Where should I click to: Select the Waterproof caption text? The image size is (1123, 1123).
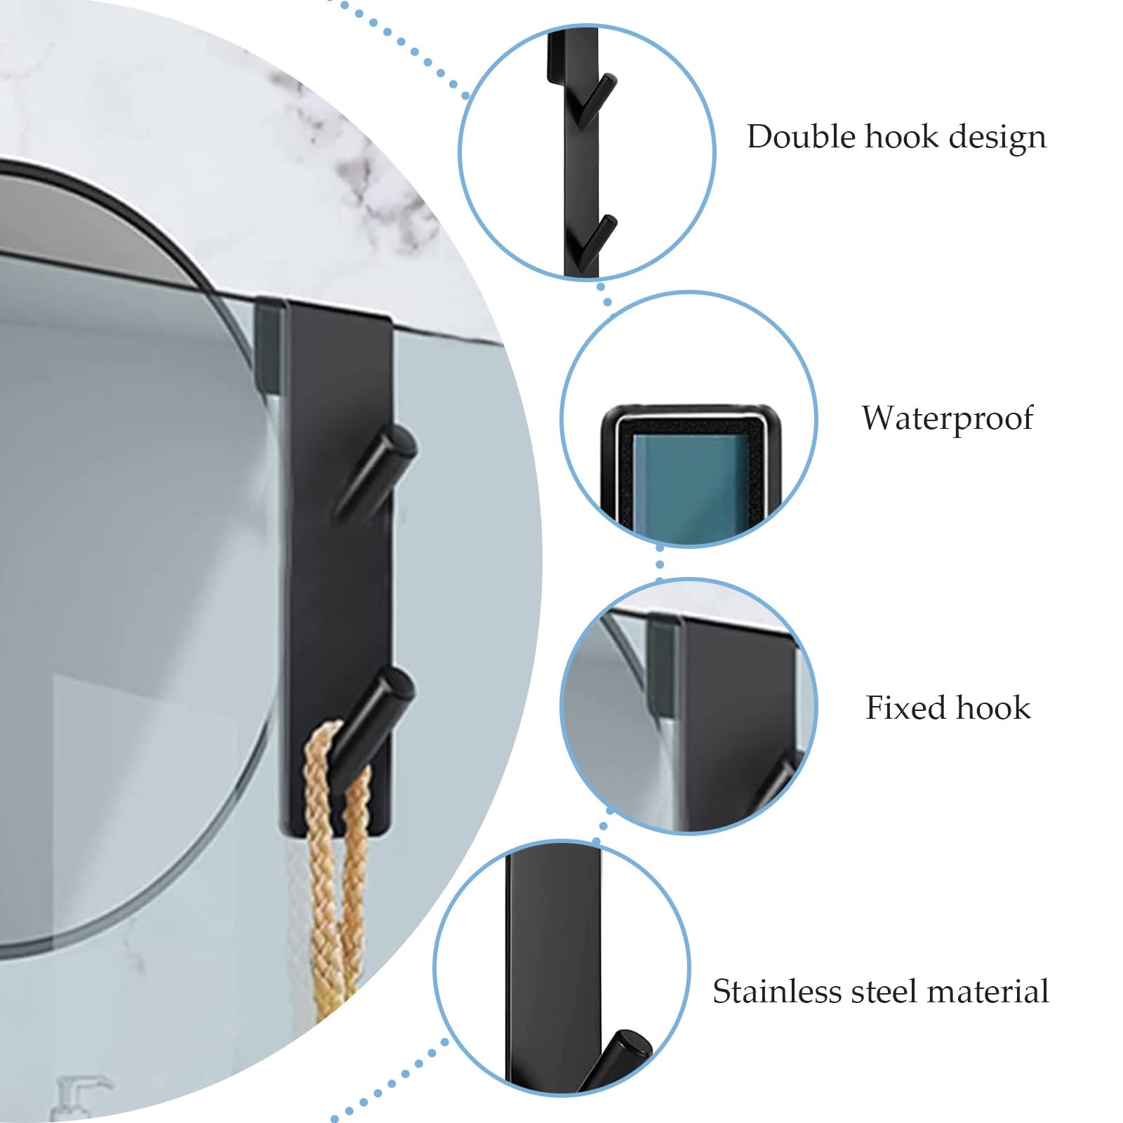coord(948,419)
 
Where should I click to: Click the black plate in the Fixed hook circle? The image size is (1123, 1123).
coord(737,723)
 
